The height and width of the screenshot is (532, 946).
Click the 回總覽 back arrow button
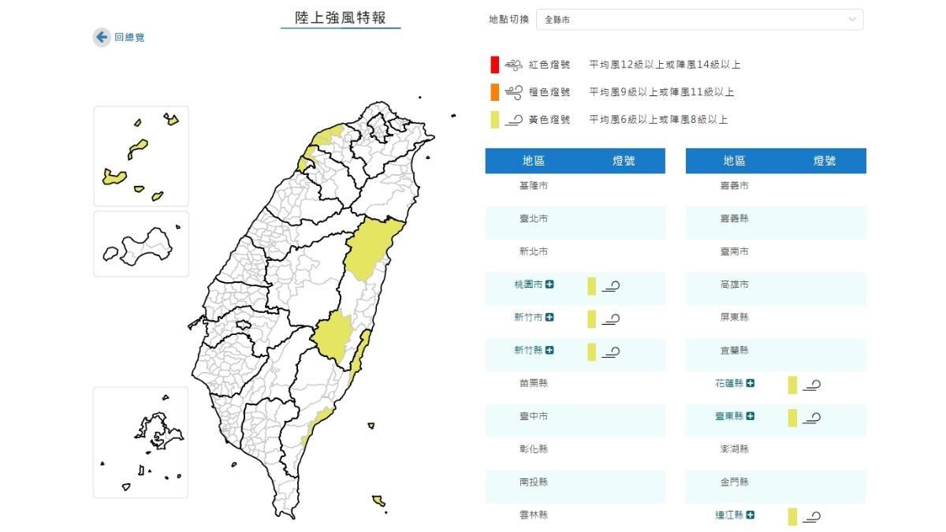coord(101,37)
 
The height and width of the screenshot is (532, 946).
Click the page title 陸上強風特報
coord(340,17)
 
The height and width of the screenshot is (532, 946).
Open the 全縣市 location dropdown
coord(698,20)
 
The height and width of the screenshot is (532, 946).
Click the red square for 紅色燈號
coord(493,65)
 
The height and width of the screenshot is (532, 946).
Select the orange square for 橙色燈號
coord(493,92)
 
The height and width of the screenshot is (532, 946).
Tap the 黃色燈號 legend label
coord(549,120)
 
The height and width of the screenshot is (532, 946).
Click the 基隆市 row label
coord(533,185)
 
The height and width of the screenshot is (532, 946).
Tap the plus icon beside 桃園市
coord(549,285)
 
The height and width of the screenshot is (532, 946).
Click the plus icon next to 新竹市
coord(549,318)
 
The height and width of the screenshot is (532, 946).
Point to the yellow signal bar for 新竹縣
coord(591,352)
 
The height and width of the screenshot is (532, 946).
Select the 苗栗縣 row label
coord(533,383)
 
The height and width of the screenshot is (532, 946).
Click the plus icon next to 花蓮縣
coord(750,383)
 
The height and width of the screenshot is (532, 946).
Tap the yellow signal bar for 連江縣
coord(792,516)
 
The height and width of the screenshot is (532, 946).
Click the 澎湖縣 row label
coord(734,449)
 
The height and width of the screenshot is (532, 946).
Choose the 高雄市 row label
coord(734,285)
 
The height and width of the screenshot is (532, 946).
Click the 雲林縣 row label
coord(533,515)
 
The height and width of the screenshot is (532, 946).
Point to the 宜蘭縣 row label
coord(734,351)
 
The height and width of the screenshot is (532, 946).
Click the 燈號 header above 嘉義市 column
coord(824,161)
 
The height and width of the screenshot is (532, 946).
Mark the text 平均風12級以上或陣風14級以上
coord(665,65)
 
